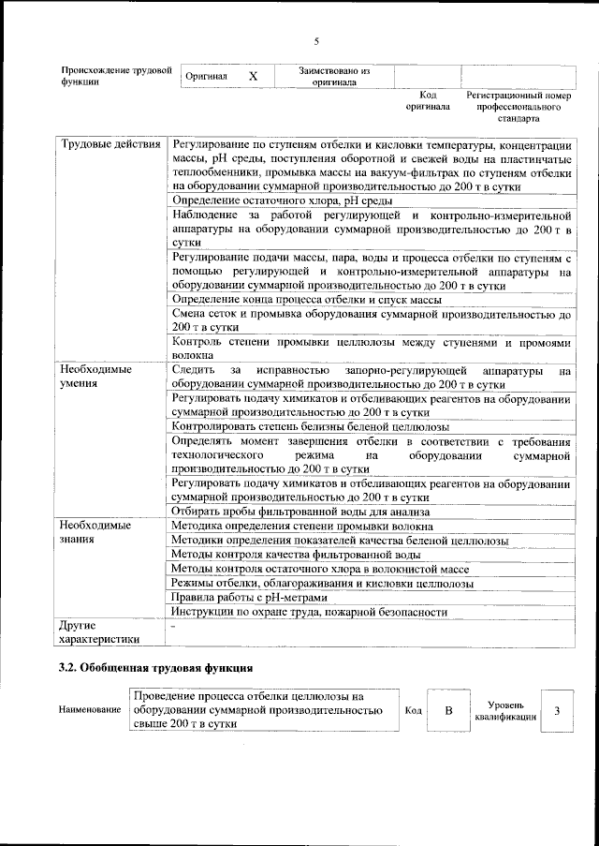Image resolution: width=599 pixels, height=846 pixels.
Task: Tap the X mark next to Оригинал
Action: (x=253, y=75)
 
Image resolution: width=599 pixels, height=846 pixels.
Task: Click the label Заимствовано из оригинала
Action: (x=334, y=75)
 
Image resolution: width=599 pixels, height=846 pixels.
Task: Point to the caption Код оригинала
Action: (x=428, y=101)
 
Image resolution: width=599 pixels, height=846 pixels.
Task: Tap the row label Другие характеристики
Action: (x=100, y=631)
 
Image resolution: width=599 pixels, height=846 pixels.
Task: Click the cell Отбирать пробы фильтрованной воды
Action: (x=300, y=512)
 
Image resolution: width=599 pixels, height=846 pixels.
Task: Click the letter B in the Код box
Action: (x=448, y=711)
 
